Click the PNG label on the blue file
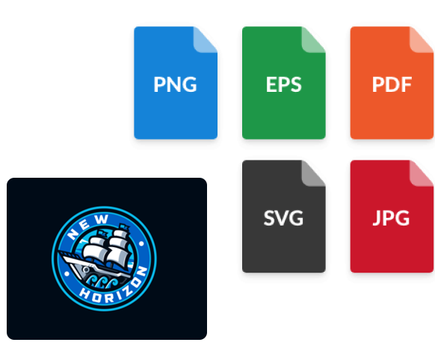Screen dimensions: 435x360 point(175,84)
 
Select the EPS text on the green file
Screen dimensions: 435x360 point(283,84)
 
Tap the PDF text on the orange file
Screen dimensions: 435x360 point(392,84)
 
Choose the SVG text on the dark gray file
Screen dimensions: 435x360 point(283,218)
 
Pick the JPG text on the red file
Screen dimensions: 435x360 point(391,218)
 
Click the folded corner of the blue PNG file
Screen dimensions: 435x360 point(206,40)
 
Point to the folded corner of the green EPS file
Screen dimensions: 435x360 point(313,40)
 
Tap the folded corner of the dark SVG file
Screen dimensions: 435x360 point(313,173)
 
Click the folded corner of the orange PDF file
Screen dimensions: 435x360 point(422,40)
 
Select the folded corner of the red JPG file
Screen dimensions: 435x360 point(422,173)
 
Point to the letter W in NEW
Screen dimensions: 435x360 point(102,220)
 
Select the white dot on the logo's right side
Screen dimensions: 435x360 point(141,244)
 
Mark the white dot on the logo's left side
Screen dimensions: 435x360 point(67,274)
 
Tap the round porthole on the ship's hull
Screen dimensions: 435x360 point(86,269)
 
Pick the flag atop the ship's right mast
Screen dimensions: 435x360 point(124,227)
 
